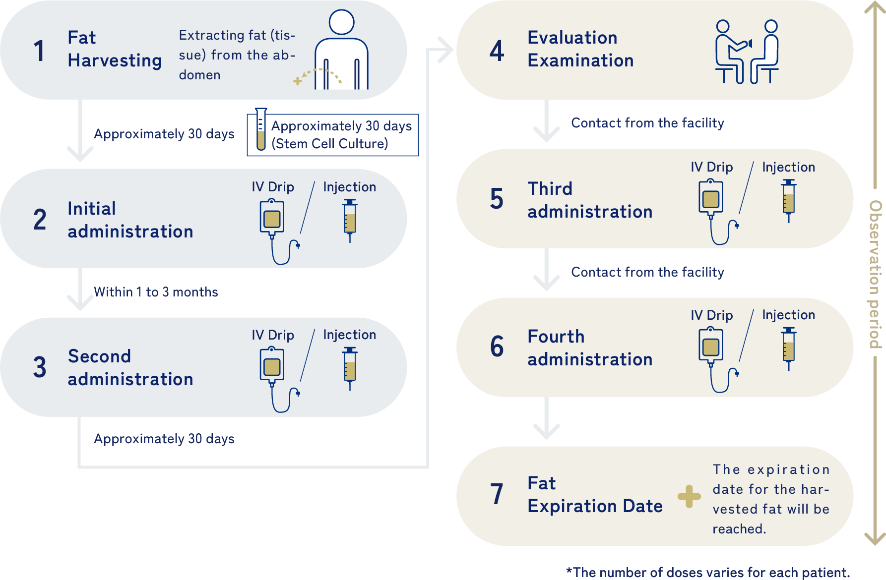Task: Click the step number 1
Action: (39, 51)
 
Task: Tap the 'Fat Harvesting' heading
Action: (115, 49)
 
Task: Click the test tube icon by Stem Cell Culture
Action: (261, 129)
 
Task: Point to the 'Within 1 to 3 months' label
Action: (156, 292)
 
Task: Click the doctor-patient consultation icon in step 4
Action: (747, 52)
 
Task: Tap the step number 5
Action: (497, 199)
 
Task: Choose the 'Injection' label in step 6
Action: (788, 315)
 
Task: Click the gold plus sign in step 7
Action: (689, 496)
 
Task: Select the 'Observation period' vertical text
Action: (876, 274)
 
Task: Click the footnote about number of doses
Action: (708, 573)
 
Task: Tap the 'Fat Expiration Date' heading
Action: (595, 495)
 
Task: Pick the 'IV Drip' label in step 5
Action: (711, 167)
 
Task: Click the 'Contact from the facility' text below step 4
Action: (647, 123)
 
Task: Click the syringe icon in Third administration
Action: (789, 200)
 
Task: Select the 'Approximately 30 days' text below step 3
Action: (164, 439)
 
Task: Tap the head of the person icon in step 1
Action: (341, 22)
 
